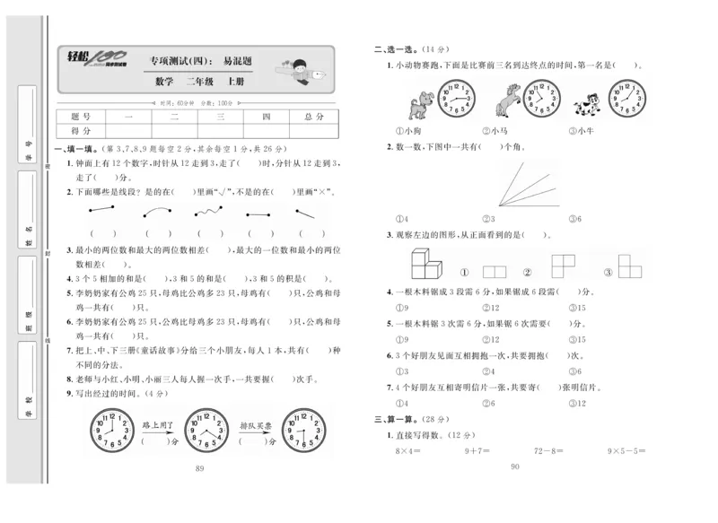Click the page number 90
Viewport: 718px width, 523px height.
pos(514,466)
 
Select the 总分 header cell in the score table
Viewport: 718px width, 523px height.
pos(314,118)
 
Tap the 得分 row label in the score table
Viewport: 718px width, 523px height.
pos(81,131)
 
